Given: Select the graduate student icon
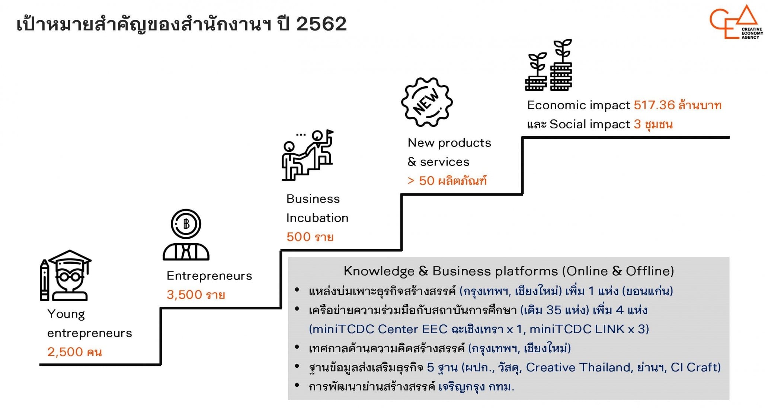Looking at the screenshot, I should tap(66, 275).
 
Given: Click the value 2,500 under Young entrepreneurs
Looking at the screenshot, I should tap(65, 352).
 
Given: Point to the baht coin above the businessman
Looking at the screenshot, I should tap(186, 224).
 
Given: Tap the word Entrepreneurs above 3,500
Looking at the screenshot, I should tap(209, 276).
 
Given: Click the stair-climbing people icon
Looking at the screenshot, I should tap(307, 155).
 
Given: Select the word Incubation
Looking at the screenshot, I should tap(317, 218).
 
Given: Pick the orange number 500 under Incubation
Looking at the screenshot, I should tap(298, 237).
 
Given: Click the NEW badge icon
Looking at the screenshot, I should tap(427, 102).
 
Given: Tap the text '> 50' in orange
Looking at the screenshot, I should tap(421, 181).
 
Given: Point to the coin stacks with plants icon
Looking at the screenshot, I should tap(548, 66).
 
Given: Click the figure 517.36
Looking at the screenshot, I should tap(654, 105).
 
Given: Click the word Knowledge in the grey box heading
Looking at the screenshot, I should tap(379, 271).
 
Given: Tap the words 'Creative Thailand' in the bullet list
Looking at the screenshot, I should tap(578, 367).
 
